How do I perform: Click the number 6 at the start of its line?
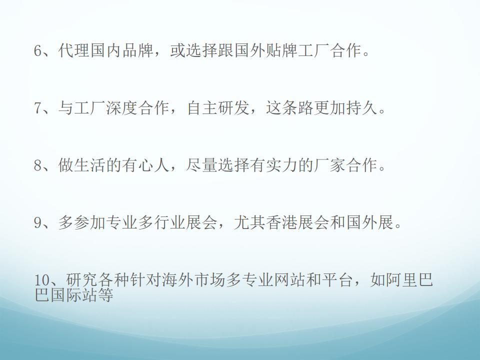click(x=37, y=50)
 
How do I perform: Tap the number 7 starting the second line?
click(x=37, y=108)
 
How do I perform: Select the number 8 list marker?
click(x=37, y=165)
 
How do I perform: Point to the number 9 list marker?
click(x=37, y=222)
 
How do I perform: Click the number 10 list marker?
click(x=41, y=280)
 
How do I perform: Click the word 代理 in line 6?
click(x=73, y=50)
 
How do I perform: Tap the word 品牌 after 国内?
click(x=138, y=50)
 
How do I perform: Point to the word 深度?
click(x=121, y=108)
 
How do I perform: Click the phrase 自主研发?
click(x=218, y=108)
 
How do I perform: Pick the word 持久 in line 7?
click(x=361, y=108)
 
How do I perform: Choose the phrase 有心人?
click(x=145, y=165)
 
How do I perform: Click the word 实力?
click(x=281, y=165)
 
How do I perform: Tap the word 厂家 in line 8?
click(x=329, y=165)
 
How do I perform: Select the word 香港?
click(x=281, y=222)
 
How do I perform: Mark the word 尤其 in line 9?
click(x=250, y=222)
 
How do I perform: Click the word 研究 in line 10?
click(x=81, y=280)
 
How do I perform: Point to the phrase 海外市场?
click(x=193, y=280)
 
